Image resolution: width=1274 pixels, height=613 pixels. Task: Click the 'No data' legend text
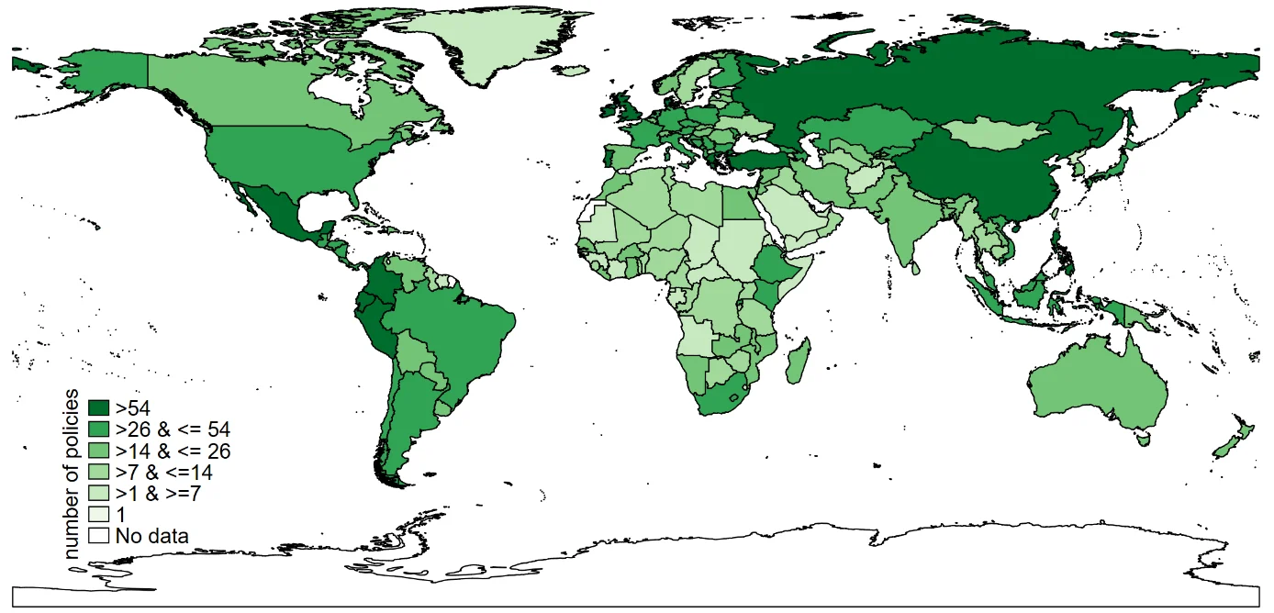(152, 536)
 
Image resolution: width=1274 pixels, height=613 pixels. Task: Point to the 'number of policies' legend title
(73, 473)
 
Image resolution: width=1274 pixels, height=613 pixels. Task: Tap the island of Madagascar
(797, 362)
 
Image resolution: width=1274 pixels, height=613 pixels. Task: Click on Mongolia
(1000, 136)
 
